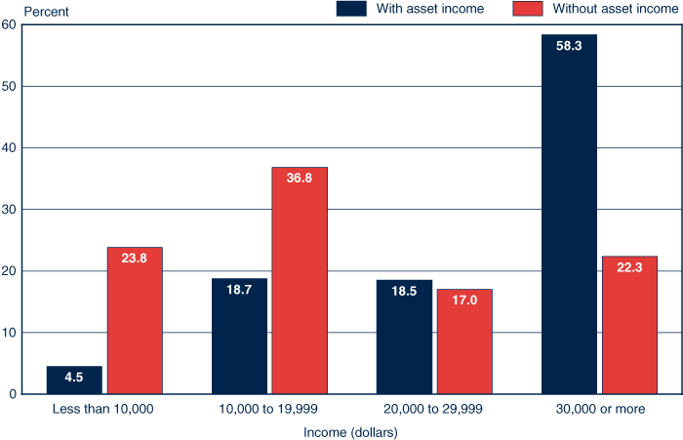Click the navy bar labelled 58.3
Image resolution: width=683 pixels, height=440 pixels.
click(x=569, y=215)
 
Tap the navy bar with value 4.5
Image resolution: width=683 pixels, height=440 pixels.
click(x=74, y=380)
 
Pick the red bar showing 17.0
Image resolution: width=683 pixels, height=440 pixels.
click(x=464, y=341)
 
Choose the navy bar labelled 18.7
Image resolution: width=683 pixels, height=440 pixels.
click(x=239, y=336)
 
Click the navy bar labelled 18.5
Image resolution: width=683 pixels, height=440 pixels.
click(x=404, y=337)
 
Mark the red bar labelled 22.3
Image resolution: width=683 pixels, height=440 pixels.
click(x=629, y=325)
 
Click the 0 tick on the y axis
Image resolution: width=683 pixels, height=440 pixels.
click(x=10, y=394)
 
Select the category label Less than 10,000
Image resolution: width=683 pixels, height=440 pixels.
click(x=103, y=409)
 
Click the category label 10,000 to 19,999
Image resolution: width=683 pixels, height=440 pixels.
click(x=269, y=409)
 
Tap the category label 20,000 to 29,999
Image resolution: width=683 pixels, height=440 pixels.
click(x=434, y=409)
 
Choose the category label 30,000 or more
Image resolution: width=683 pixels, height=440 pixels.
click(x=599, y=409)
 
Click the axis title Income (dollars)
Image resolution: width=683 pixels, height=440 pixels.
click(x=351, y=430)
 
